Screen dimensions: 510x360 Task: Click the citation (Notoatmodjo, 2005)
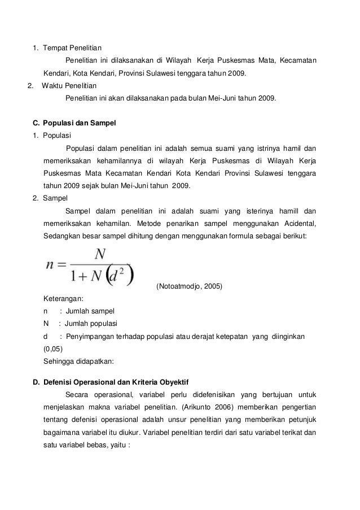point(190,286)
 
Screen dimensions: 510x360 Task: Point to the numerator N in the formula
point(99,255)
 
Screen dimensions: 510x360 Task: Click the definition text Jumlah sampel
point(90,311)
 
